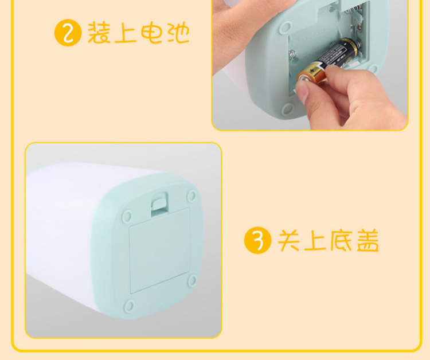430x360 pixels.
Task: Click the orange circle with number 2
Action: (x=68, y=33)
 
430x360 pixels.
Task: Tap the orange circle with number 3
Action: (x=257, y=240)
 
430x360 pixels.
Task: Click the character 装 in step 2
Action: (x=99, y=32)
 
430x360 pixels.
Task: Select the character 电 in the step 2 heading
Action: (x=152, y=33)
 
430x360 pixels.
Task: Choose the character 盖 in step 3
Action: (x=368, y=240)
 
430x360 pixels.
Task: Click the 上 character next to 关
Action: (x=315, y=240)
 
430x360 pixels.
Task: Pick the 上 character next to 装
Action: (x=126, y=33)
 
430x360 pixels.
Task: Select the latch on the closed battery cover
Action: (x=159, y=203)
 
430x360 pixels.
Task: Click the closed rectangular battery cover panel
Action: (x=160, y=251)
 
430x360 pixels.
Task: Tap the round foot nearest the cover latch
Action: (x=191, y=196)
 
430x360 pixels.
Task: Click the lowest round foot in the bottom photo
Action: (x=129, y=306)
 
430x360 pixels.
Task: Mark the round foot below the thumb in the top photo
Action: (x=287, y=108)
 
